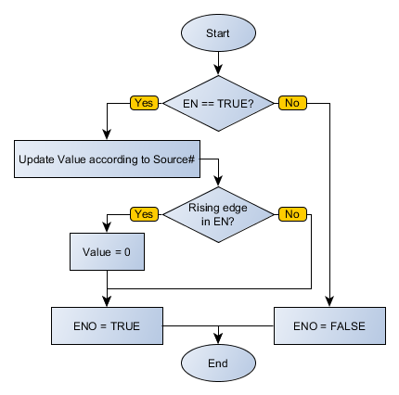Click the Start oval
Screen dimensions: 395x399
click(x=218, y=32)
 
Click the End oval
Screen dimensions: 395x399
click(x=218, y=363)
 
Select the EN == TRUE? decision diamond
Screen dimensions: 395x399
click(x=218, y=102)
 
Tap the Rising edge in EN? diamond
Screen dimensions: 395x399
click(x=218, y=213)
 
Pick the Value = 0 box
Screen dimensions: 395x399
click(x=108, y=250)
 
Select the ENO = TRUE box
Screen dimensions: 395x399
click(x=108, y=325)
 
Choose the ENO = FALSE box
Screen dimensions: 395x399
click(x=329, y=325)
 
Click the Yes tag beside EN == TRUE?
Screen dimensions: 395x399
click(x=144, y=102)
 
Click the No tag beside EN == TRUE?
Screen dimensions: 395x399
click(x=291, y=102)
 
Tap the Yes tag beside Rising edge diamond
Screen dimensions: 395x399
click(x=144, y=213)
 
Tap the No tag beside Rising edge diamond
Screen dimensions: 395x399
click(x=291, y=213)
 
